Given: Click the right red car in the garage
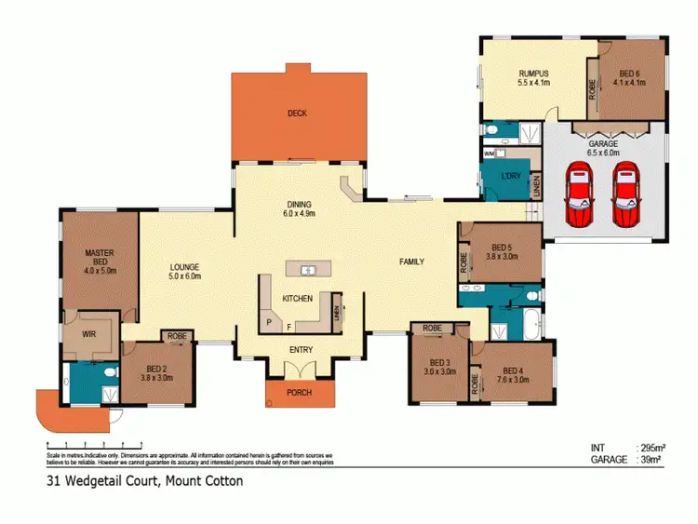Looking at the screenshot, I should point(625,195).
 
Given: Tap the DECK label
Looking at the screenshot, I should point(297,114).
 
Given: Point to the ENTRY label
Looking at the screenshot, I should point(300,350).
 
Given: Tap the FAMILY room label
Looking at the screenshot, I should point(411,262).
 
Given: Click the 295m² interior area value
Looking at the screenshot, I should point(649,448).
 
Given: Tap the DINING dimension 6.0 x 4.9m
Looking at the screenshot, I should point(299,213).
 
